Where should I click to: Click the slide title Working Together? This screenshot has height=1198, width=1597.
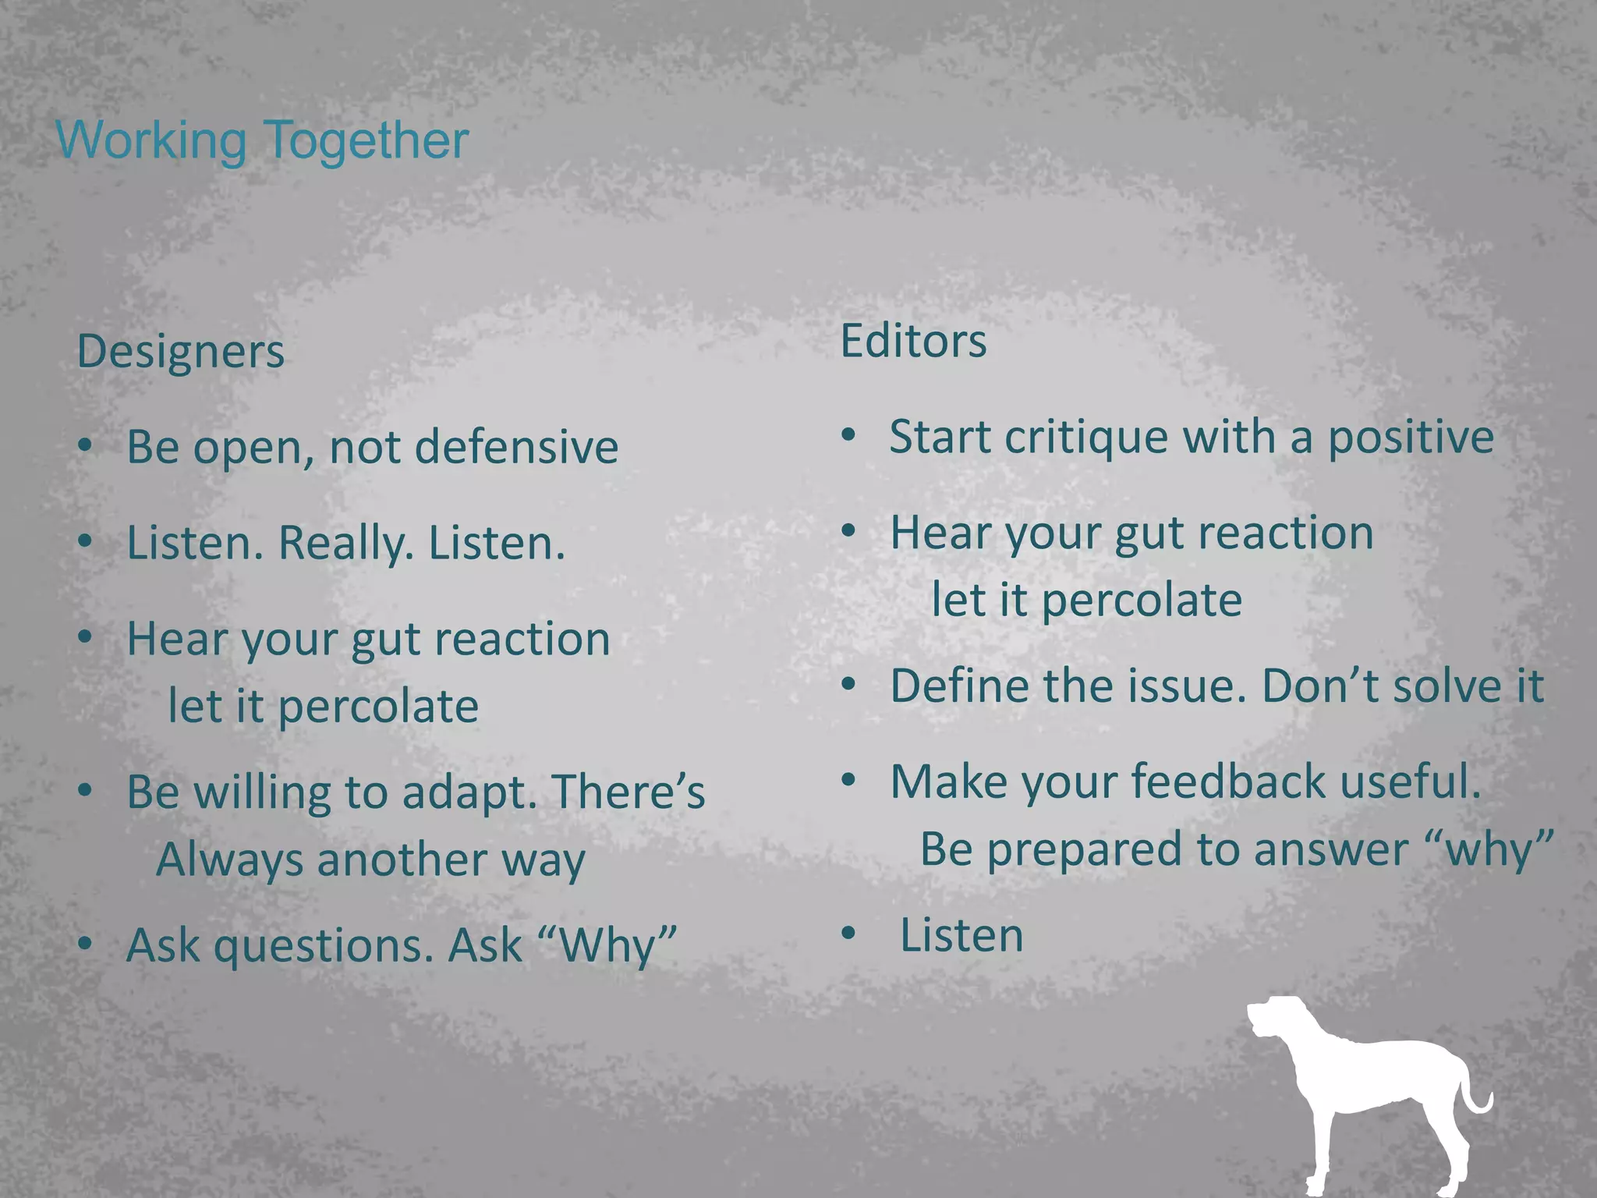[x=262, y=140]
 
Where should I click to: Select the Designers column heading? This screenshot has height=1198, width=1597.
[x=180, y=352]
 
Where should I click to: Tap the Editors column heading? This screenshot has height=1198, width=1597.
[x=913, y=341]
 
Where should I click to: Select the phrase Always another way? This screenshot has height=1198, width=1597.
[x=370, y=860]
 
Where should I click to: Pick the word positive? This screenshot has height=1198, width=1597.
[x=1411, y=437]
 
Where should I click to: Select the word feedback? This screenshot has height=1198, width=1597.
[x=1228, y=782]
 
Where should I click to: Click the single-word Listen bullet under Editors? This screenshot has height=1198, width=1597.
[x=961, y=935]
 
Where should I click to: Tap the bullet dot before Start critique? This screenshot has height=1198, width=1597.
[x=849, y=434]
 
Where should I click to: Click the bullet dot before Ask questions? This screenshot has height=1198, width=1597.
[x=86, y=943]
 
